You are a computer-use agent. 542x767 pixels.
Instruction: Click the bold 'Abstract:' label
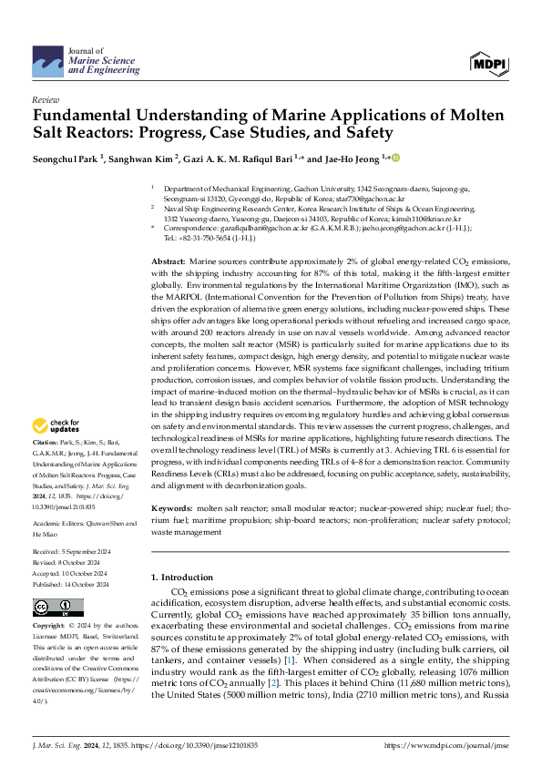tap(170, 261)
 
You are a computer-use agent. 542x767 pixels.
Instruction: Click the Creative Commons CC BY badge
tap(58, 607)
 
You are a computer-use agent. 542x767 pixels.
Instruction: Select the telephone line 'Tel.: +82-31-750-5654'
tap(210, 239)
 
